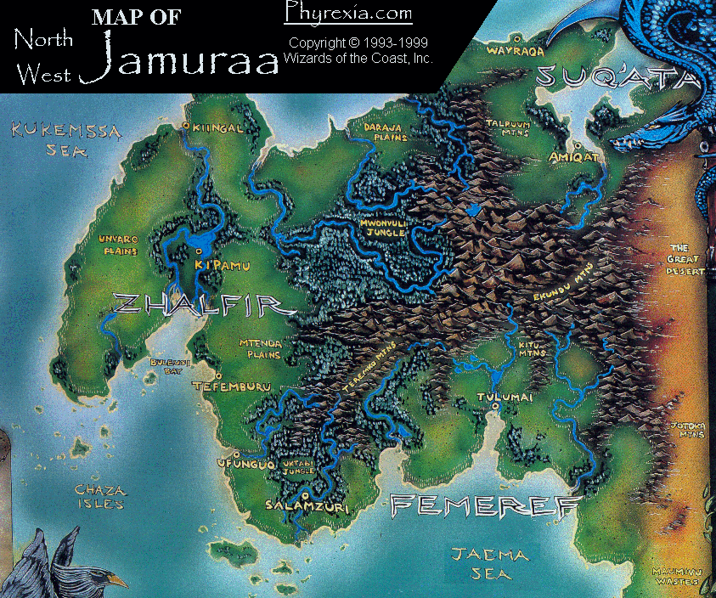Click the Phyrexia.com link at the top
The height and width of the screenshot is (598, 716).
tap(348, 14)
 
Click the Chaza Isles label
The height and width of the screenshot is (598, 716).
tap(100, 497)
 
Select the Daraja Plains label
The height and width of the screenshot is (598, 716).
tap(386, 132)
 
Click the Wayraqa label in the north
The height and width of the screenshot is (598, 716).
tap(514, 50)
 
